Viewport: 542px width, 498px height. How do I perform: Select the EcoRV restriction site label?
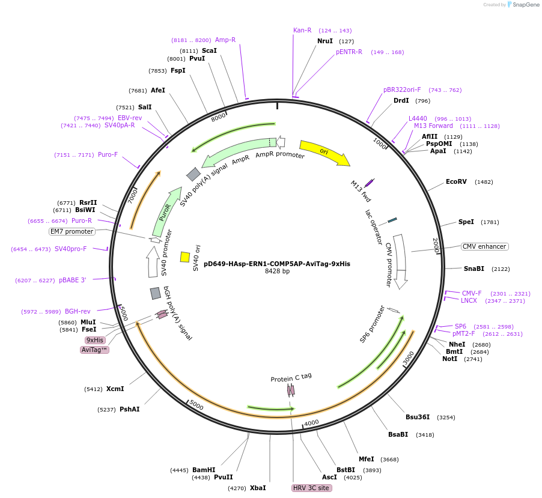[456, 181]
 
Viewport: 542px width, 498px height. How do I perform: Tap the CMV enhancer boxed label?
[484, 247]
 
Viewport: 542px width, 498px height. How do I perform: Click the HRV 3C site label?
[311, 488]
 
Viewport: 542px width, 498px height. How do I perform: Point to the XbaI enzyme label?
[258, 488]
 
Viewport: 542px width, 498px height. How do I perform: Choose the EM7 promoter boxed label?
[72, 231]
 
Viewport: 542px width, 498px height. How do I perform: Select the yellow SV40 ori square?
[185, 257]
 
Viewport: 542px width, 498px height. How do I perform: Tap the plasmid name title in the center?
[277, 264]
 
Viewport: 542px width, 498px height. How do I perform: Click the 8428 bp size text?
[277, 272]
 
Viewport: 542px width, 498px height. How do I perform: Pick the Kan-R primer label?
[302, 30]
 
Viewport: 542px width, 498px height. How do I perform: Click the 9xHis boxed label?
[95, 340]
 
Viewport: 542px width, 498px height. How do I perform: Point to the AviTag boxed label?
[95, 350]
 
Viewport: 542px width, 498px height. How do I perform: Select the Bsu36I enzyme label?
[418, 417]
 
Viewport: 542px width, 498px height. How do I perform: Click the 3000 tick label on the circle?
[409, 359]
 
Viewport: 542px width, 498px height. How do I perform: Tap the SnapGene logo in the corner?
[523, 5]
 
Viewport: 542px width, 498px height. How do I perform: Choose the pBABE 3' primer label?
[73, 280]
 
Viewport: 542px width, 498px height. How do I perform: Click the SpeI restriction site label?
[466, 222]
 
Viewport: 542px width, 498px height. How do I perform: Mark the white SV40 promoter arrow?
[153, 262]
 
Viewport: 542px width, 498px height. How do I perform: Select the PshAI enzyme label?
[129, 409]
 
